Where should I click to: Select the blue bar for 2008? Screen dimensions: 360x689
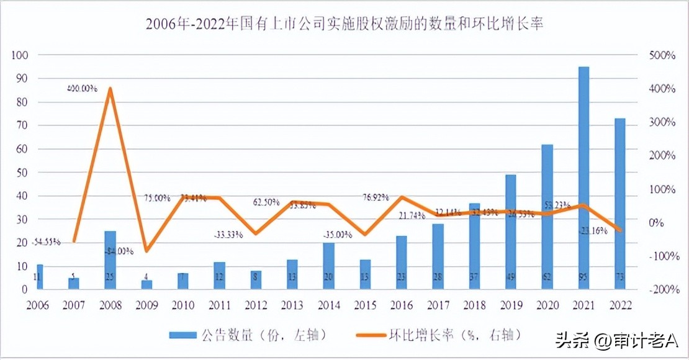pyautogui.click(x=110, y=259)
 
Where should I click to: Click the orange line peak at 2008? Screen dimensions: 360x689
pyautogui.click(x=110, y=88)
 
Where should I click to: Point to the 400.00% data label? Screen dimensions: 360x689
pyautogui.click(x=83, y=89)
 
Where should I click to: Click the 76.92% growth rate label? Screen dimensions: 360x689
pyautogui.click(x=376, y=197)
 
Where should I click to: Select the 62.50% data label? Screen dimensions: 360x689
pyautogui.click(x=265, y=202)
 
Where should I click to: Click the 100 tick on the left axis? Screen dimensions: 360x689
pyautogui.click(x=20, y=55)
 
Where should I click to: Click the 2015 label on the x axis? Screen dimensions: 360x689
pyautogui.click(x=365, y=305)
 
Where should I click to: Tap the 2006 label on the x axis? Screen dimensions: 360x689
pyautogui.click(x=38, y=305)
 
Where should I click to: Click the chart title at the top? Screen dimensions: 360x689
pyautogui.click(x=344, y=24)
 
